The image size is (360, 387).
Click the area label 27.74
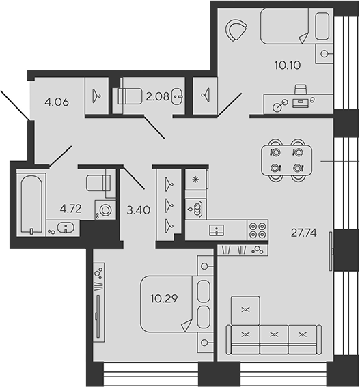click(x=304, y=233)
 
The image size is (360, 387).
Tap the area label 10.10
click(x=288, y=65)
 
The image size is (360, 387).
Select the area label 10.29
click(x=164, y=299)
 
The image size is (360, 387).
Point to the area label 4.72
click(x=70, y=209)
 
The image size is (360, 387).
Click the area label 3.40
click(x=139, y=210)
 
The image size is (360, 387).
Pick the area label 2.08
click(x=157, y=96)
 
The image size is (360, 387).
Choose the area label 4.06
click(x=57, y=102)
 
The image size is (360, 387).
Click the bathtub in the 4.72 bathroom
click(x=31, y=204)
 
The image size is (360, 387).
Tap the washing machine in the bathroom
click(x=105, y=210)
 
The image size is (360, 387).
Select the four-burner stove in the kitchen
click(x=258, y=230)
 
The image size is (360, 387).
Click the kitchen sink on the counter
click(x=217, y=230)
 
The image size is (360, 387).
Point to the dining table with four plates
click(x=286, y=160)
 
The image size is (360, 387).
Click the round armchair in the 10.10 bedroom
click(x=236, y=30)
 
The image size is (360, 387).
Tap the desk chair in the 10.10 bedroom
click(x=301, y=89)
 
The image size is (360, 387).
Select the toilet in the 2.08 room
click(x=130, y=96)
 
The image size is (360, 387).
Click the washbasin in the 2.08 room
click(x=177, y=96)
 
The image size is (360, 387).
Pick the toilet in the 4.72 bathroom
click(x=98, y=183)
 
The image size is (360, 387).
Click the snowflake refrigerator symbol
click(x=195, y=180)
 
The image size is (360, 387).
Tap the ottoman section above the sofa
click(x=245, y=311)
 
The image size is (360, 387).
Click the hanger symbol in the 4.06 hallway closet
click(x=96, y=96)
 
